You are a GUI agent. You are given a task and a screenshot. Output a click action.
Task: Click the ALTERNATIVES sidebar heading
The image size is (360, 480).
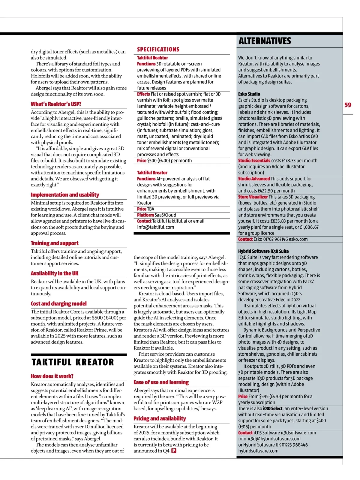[x=265, y=41]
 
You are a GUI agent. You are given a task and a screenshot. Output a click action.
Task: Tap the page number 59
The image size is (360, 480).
[x=348, y=105]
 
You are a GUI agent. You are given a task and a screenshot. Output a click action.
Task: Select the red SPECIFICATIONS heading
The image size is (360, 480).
[x=158, y=50]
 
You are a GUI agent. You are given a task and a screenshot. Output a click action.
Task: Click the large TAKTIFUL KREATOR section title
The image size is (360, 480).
[x=73, y=362]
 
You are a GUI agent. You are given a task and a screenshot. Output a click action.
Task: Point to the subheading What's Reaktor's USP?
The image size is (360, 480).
[x=56, y=104]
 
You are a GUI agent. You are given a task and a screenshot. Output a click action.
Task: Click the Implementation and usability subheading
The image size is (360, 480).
[x=65, y=195]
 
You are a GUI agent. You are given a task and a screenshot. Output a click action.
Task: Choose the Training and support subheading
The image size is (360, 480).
[x=55, y=243]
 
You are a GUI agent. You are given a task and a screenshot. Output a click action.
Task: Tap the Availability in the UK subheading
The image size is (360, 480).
[x=55, y=273]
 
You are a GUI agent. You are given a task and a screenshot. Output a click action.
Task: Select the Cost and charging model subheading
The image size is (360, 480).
[x=58, y=304]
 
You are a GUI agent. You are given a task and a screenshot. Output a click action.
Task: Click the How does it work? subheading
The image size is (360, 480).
[x=52, y=376]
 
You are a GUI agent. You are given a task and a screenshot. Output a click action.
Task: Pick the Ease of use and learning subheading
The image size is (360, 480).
[x=161, y=382]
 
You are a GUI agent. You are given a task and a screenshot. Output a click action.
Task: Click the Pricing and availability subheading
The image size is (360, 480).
[x=160, y=419]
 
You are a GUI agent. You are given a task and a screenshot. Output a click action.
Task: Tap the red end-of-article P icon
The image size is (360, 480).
[x=173, y=451]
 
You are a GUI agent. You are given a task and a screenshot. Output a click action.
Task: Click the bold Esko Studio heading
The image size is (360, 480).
[x=249, y=94]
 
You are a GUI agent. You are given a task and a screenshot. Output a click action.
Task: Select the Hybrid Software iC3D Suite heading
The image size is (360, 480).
[x=263, y=251]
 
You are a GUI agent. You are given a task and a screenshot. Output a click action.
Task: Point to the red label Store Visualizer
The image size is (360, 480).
[x=253, y=197]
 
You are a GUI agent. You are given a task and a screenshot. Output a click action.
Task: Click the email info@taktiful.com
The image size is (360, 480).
[x=155, y=227]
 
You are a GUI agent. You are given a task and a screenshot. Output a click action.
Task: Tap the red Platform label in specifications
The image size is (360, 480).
[x=145, y=215]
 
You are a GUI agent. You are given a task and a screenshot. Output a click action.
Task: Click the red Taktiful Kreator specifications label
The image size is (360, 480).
[x=152, y=173]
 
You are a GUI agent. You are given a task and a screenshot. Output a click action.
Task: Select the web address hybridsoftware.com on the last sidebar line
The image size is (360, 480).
[x=258, y=451]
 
